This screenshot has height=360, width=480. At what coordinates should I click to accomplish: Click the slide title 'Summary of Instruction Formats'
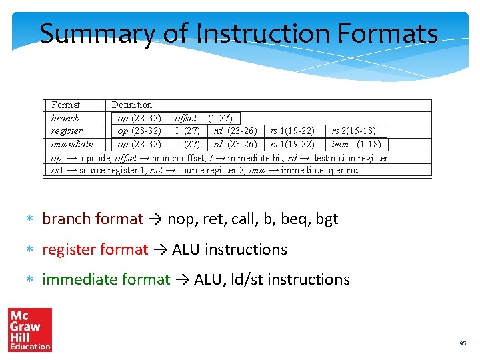238,33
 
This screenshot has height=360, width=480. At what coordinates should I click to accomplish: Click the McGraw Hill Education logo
30,329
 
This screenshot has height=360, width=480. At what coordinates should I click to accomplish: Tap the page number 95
462,343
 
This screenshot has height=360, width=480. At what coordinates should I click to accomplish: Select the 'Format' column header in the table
65,105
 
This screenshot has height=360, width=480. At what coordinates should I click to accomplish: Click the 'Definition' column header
131,105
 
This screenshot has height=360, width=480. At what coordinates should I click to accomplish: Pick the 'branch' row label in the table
65,118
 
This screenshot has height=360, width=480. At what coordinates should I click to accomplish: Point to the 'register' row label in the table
67,131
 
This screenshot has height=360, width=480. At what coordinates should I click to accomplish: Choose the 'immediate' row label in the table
72,144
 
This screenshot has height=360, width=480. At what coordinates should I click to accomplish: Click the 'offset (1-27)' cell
203,118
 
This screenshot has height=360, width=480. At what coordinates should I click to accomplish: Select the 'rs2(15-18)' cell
353,131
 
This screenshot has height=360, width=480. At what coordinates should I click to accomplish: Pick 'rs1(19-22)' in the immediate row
292,144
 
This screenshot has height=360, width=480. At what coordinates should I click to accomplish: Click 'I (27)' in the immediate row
187,144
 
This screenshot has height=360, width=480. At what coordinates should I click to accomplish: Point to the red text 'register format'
95,249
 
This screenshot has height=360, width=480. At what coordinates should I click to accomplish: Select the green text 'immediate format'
106,279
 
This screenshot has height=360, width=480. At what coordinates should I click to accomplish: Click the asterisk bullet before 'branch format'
29,219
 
